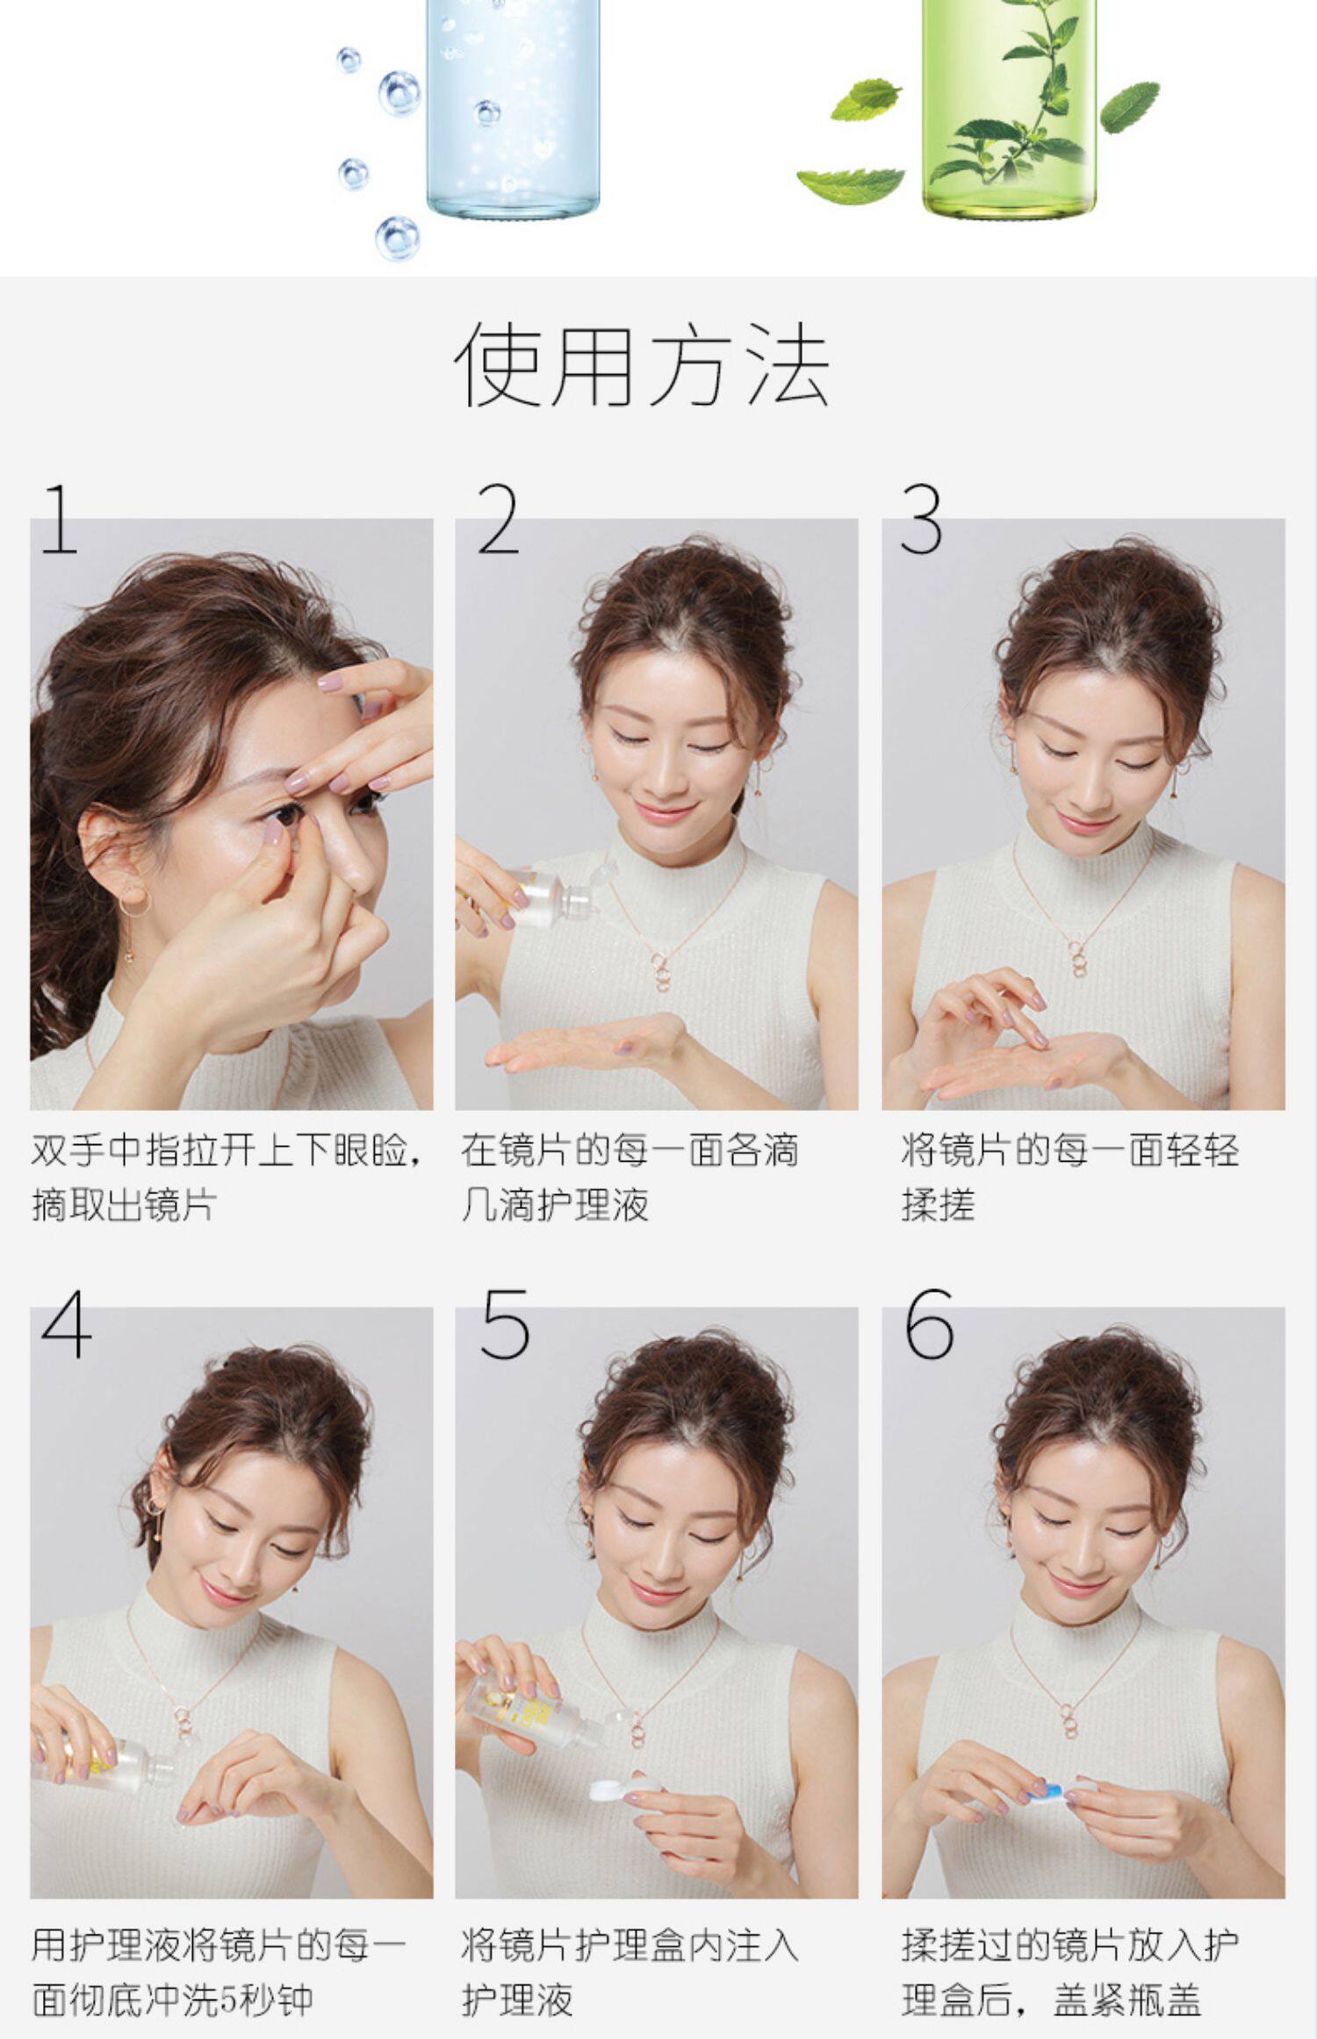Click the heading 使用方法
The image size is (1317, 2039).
coord(642,363)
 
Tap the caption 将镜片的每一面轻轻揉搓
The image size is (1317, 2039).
coord(1069,1177)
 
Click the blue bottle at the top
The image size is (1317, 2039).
coord(514,105)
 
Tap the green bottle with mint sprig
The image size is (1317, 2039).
coord(1010,105)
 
